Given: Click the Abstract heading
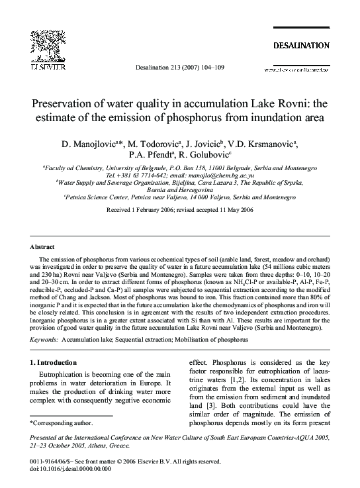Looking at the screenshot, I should pyautogui.click(x=44, y=244).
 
